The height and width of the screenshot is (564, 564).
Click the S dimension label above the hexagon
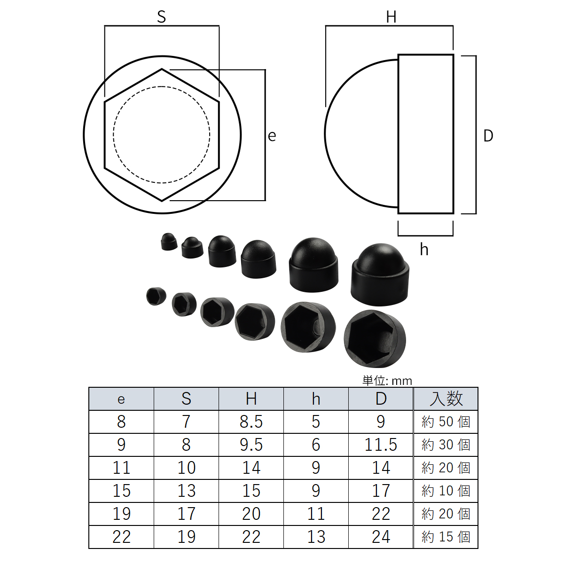coord(161,16)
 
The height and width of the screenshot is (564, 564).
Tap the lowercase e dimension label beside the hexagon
coord(272,136)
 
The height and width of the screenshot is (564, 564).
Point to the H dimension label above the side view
coord(391,16)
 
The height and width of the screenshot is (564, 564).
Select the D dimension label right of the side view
coord(488,136)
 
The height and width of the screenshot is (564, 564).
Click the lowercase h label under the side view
coord(424,250)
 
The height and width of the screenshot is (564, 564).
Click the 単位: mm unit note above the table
coord(387,381)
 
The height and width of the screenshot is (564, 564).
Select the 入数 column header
coord(446,399)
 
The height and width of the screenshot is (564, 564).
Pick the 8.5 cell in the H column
coord(251,422)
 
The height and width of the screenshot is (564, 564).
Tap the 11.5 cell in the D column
coord(381,445)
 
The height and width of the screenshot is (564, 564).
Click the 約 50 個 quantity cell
coord(446,422)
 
